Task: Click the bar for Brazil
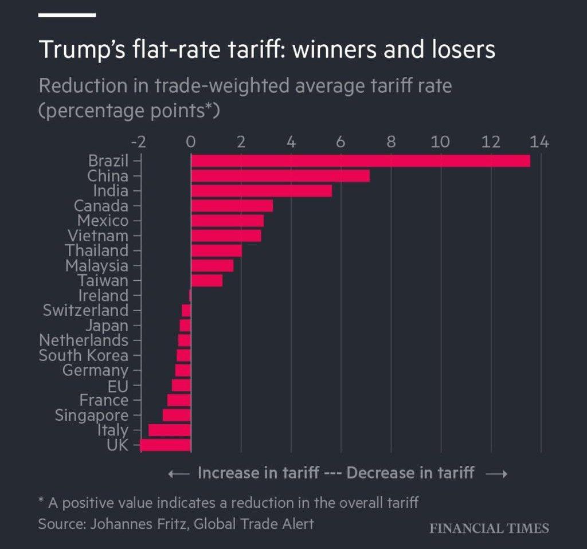tap(360, 161)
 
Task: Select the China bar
tap(280, 176)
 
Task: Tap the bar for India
tap(261, 191)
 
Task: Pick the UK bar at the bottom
tap(165, 445)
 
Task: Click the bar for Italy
tap(169, 430)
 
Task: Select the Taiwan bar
tap(206, 280)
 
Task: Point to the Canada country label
tap(101, 206)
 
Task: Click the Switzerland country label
tap(85, 311)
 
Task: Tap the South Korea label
tap(83, 355)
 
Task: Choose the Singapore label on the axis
tap(91, 415)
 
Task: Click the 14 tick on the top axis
tap(539, 142)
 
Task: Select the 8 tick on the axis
tap(391, 142)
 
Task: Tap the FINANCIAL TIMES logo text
tap(489, 528)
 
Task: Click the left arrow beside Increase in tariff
tap(179, 474)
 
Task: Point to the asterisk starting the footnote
tap(41, 501)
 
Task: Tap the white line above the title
tap(66, 15)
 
